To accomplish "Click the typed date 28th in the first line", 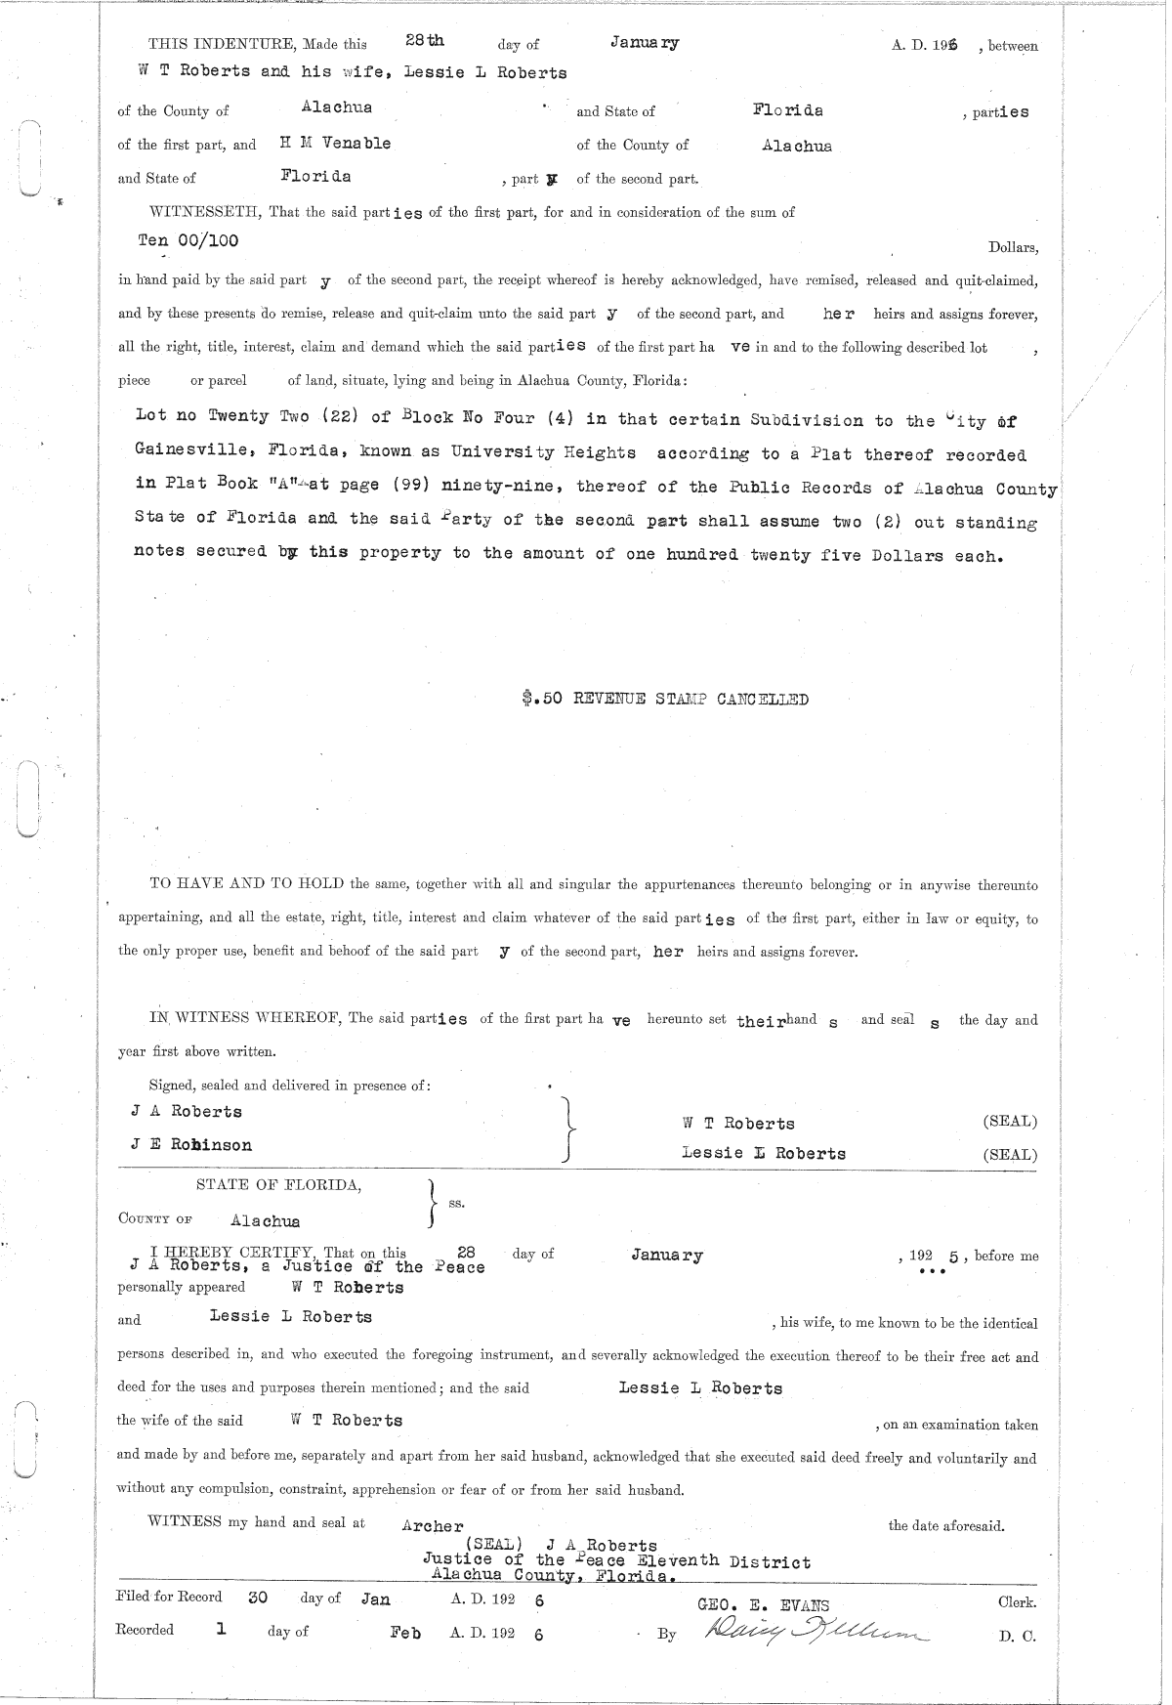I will click(425, 41).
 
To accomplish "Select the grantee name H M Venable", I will click(335, 144).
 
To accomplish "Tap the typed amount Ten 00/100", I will click(188, 240).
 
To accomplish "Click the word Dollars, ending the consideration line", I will click(1013, 248).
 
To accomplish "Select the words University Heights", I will click(543, 453).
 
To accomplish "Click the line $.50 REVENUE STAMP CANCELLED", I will click(665, 700).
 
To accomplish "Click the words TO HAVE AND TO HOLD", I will click(246, 885).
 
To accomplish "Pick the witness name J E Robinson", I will click(191, 1144).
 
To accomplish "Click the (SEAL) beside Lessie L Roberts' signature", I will click(1010, 1154).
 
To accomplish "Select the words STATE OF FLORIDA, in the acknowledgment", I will click(278, 1185).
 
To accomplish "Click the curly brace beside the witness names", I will click(567, 1129).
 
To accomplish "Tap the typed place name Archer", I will click(433, 1526).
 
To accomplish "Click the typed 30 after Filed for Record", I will click(258, 1598).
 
